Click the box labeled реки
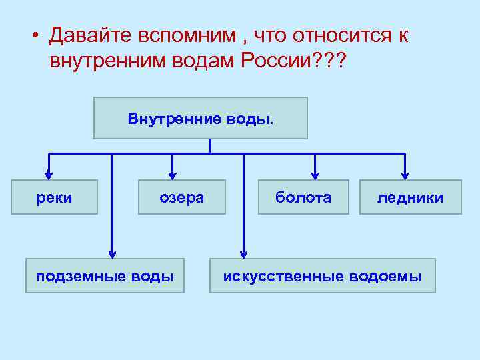(53, 197)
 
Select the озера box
(181, 197)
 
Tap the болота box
(303, 197)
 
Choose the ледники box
(410, 197)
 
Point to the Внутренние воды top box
(200, 118)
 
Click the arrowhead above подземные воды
(112, 253)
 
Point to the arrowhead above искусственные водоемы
(243, 253)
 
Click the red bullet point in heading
(33, 36)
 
